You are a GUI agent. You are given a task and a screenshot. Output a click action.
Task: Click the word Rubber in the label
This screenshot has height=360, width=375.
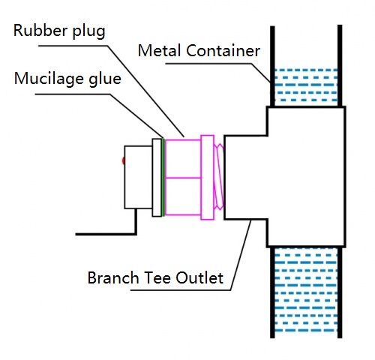pos(40,30)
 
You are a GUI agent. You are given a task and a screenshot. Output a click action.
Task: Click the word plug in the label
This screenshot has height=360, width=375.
pos(88,31)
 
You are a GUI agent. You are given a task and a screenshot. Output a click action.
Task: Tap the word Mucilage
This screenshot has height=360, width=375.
pos(49,79)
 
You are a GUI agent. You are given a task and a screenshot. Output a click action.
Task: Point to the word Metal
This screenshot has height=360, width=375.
pos(160,51)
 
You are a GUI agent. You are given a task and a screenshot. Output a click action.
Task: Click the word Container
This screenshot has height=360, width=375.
pos(223,51)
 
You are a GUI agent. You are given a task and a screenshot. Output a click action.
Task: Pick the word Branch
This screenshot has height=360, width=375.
pos(113,277)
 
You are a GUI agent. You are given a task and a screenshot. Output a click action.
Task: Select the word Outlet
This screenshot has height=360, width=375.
pos(199,277)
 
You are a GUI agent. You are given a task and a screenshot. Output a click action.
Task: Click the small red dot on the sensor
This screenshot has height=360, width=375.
pos(123,160)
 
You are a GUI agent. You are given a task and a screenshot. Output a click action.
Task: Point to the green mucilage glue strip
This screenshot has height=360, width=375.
pos(163,177)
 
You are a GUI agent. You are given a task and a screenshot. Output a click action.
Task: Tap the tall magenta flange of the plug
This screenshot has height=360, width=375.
pos(208,178)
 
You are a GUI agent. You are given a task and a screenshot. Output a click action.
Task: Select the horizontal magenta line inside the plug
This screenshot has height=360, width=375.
pos(183,178)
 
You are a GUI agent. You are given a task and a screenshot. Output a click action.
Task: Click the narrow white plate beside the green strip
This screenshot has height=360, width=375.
pos(157,178)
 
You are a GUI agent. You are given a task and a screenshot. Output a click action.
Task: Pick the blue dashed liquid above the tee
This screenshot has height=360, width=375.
pos(306,85)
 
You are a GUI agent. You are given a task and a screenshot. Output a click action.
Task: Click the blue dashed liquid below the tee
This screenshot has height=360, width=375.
pos(306,293)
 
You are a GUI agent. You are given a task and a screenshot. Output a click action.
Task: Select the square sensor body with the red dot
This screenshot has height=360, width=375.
pos(138,177)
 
